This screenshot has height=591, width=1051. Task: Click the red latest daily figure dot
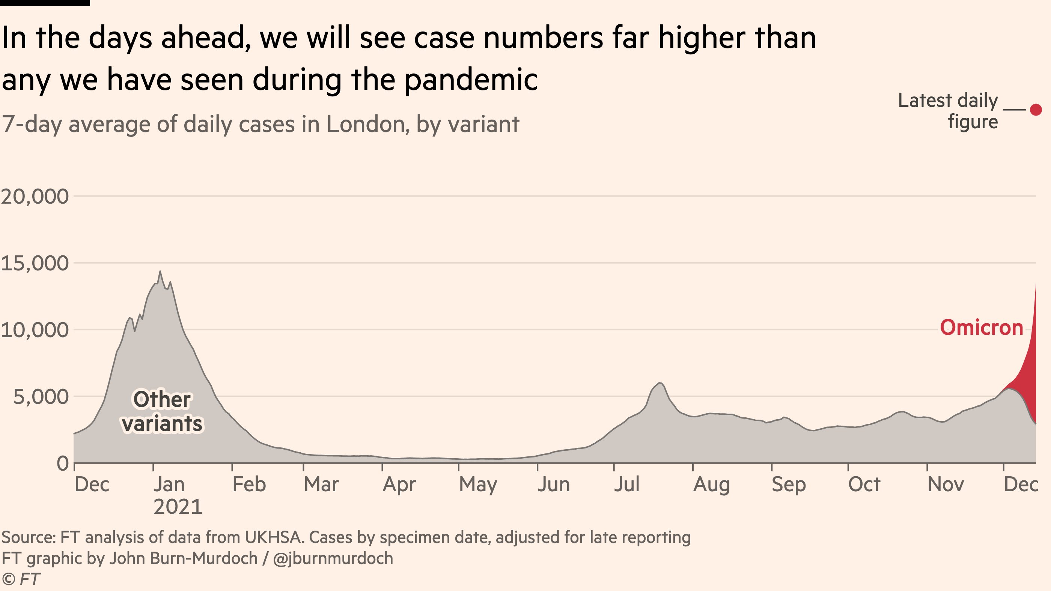1036,109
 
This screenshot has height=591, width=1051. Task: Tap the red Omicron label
981,328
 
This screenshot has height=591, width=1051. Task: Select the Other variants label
162,412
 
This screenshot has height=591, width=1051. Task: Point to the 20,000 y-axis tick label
35,197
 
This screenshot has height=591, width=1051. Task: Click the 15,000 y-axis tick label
35,263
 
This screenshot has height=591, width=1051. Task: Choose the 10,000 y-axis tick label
35,330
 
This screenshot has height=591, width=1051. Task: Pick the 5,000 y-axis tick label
41,397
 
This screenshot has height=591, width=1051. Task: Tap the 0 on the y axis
63,463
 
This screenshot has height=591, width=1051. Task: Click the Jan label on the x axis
169,484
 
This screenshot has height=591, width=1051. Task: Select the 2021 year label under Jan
178,507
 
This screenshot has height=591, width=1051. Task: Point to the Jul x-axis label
627,484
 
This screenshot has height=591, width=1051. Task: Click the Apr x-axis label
399,484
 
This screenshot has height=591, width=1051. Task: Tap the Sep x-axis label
789,484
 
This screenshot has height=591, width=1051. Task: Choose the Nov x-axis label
946,484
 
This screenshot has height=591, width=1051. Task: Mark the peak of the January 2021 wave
160,271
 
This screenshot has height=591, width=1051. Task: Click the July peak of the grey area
660,383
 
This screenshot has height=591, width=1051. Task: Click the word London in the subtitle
367,124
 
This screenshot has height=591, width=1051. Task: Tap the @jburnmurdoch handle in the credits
333,558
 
